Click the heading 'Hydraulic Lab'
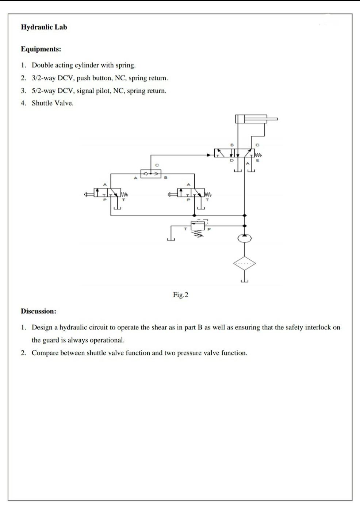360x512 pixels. tap(44, 27)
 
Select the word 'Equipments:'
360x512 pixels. tap(41, 49)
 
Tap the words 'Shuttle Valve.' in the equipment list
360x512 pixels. tap(53, 103)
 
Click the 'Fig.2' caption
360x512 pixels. tap(180, 295)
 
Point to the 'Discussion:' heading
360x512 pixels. tap(38, 312)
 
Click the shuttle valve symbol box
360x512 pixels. tap(151, 174)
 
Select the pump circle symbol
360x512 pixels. tap(245, 238)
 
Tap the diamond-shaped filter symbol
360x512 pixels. tap(245, 263)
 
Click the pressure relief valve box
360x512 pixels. tap(198, 225)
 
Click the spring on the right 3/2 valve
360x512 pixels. tap(208, 194)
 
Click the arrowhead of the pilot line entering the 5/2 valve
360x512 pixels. tap(209, 155)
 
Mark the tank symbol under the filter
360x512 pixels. tap(245, 280)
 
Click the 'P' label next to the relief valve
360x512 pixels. tap(209, 229)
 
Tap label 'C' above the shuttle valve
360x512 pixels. tap(157, 165)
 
